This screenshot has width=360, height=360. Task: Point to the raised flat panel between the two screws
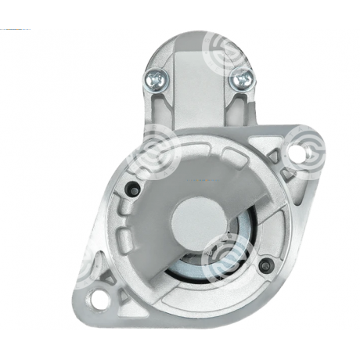coord(196,86)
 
